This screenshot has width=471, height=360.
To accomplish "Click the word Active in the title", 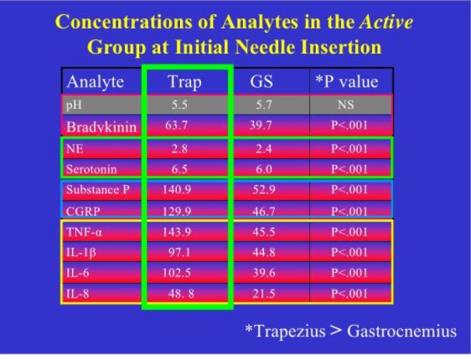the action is [x=386, y=22].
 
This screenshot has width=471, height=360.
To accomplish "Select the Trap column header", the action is [x=184, y=82].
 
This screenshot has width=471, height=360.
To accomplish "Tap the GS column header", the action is [x=261, y=81].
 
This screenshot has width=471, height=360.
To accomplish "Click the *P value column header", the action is [x=347, y=81].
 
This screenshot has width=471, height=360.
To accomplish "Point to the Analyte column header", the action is [x=96, y=82].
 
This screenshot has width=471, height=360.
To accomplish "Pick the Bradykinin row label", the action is [x=101, y=127].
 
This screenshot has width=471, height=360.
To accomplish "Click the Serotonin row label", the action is [x=91, y=169].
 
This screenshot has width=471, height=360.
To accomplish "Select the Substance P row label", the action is [x=98, y=189].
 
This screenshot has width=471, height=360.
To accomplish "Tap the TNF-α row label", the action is [x=84, y=232].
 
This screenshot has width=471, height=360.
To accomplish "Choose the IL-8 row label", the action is [x=77, y=293].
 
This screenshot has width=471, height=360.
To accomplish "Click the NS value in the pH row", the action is [x=346, y=105].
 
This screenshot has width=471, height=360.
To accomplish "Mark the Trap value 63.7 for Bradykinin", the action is [x=176, y=125].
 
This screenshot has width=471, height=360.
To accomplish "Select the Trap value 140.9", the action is [x=177, y=189].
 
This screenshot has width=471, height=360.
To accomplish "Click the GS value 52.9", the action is [x=264, y=189].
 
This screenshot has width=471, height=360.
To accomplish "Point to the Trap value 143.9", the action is [x=177, y=232].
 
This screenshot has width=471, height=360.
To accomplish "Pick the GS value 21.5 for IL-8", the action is [x=264, y=293].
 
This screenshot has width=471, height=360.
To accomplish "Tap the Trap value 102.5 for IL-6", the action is [x=177, y=273].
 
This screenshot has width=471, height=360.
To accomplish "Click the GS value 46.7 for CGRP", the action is [x=264, y=212].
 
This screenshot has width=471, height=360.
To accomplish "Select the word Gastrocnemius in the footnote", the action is [x=402, y=332].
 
